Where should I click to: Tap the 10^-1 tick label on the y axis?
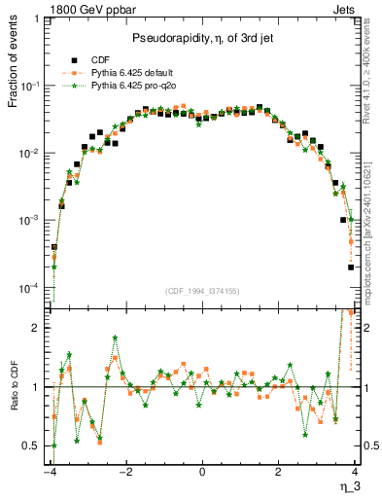[33, 87]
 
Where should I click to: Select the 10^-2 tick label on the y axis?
[33, 154]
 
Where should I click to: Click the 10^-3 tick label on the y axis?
[33, 221]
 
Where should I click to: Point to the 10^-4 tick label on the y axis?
[33, 288]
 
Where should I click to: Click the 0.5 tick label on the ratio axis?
[35, 445]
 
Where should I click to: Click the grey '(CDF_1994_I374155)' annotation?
[202, 291]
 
